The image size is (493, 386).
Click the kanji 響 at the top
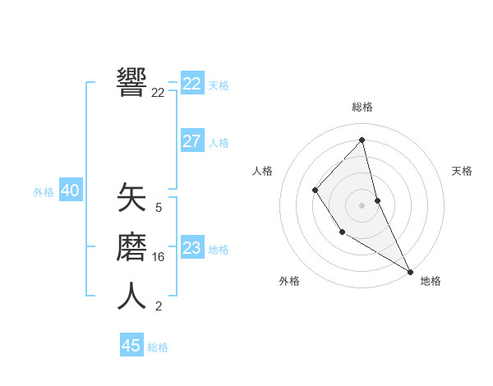click(x=131, y=82)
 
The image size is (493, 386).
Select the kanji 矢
click(x=131, y=200)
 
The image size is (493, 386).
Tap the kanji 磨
click(x=131, y=247)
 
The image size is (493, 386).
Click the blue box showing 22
click(x=192, y=84)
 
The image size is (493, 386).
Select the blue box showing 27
click(x=192, y=141)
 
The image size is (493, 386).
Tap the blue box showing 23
click(x=192, y=248)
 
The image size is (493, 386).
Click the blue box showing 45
click(x=131, y=346)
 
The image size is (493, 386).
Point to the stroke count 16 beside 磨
click(x=159, y=257)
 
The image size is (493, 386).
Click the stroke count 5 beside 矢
click(x=159, y=208)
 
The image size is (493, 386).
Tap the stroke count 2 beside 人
click(x=159, y=306)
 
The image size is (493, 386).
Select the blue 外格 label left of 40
click(x=44, y=192)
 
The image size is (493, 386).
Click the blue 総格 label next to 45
click(x=158, y=347)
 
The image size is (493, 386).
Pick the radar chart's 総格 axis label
click(x=362, y=107)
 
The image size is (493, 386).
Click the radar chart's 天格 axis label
click(x=462, y=171)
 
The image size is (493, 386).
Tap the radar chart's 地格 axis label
click(x=431, y=281)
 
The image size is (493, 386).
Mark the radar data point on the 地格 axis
click(x=410, y=271)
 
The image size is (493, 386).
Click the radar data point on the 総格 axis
click(x=362, y=140)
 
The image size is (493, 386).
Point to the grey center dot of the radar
click(x=362, y=205)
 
